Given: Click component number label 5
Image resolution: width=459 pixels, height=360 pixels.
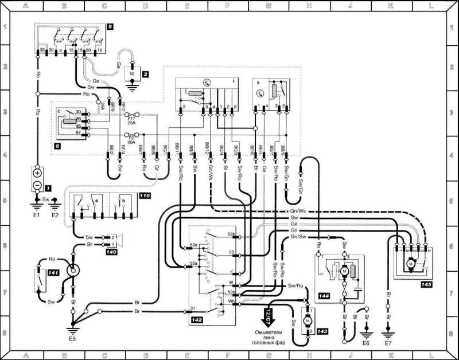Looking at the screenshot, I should pos(110,26).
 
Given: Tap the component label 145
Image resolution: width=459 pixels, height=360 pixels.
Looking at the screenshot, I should pos(426,283).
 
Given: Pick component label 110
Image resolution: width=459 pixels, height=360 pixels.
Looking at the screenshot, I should pos(143,196).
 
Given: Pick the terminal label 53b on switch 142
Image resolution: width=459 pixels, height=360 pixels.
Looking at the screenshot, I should pos(231,234).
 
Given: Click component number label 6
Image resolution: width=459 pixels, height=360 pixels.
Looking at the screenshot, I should pos(56,146).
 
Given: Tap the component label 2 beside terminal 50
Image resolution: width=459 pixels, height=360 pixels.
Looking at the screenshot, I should pos(146,75).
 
